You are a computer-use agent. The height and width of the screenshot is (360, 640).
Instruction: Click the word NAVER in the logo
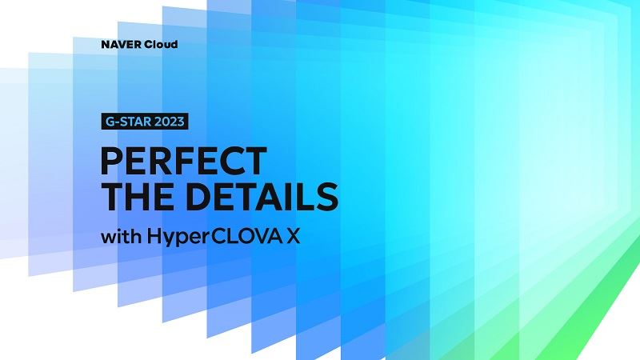click(x=122, y=45)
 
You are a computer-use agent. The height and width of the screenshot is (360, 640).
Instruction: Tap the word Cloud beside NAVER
click(x=162, y=45)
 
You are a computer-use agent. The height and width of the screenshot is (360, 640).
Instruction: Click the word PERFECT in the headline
click(x=184, y=162)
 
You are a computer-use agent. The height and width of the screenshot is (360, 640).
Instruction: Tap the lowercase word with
click(x=122, y=236)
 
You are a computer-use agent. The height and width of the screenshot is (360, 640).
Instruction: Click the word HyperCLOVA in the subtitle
click(x=214, y=237)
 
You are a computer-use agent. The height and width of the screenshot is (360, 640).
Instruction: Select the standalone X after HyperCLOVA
click(x=293, y=236)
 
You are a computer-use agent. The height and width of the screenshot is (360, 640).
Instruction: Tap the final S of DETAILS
click(x=326, y=196)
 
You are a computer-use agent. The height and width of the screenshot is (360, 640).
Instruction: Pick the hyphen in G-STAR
click(x=115, y=122)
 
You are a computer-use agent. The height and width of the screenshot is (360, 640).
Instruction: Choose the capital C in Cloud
click(x=150, y=45)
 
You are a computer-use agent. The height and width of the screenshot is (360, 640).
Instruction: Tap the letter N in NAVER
click(x=106, y=45)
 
